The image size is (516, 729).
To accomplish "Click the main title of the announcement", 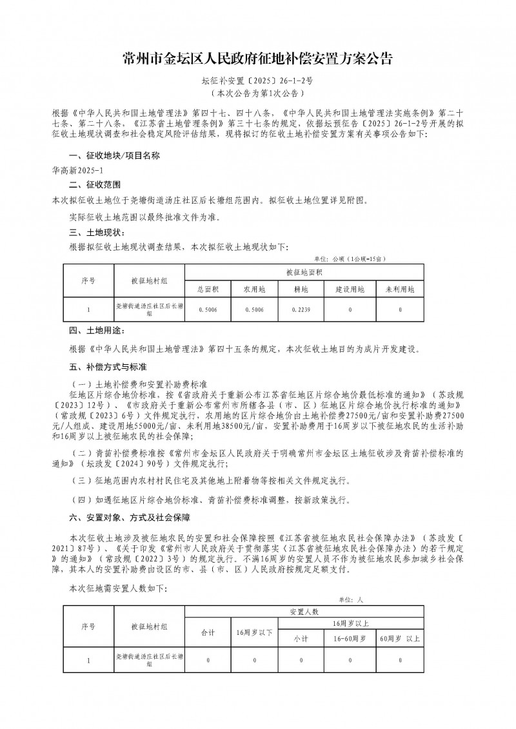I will [257, 60].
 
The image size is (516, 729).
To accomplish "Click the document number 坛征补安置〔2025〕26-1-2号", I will [257, 82].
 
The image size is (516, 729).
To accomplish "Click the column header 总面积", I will [208, 289].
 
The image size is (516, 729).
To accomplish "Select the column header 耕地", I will [301, 289].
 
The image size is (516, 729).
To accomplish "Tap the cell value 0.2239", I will [301, 311].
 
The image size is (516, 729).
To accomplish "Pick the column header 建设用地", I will [350, 289].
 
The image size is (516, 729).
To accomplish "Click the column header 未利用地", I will [400, 289].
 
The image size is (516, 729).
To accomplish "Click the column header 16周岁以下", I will [255, 631].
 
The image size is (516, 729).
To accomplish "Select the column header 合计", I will [208, 631].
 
